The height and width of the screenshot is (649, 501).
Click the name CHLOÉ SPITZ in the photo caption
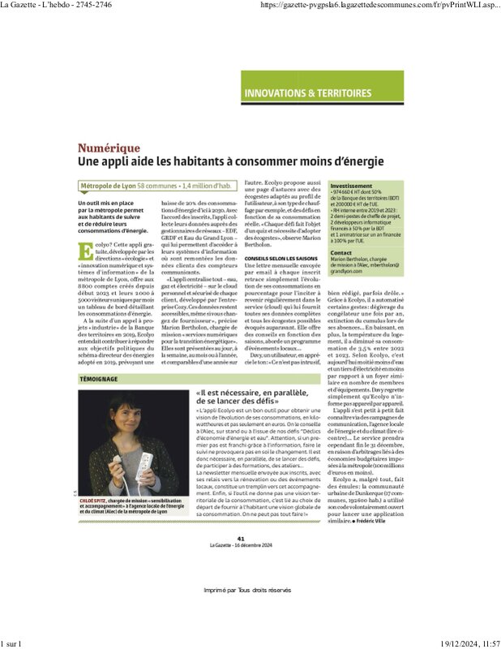(x=95, y=501)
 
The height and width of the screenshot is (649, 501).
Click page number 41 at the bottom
(x=241, y=538)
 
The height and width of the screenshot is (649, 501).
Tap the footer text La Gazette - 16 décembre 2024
(x=241, y=544)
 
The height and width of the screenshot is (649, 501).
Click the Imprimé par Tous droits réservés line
(x=246, y=590)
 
